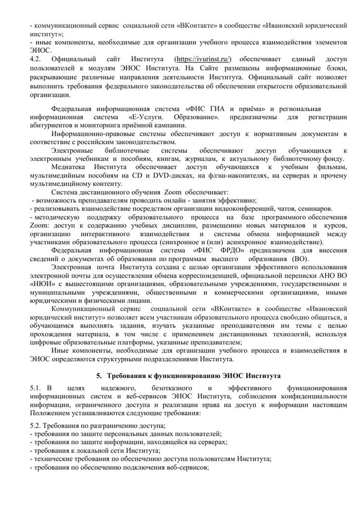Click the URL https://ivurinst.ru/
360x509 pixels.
tap(203, 60)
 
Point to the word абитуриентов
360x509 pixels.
tap(51, 126)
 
